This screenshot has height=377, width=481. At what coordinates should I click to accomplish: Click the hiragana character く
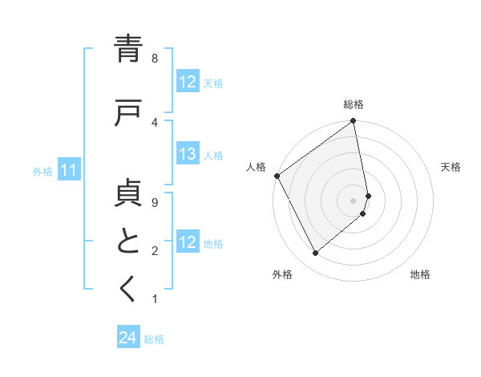pos(128,289)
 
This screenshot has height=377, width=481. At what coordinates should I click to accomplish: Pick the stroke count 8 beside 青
pos(155,59)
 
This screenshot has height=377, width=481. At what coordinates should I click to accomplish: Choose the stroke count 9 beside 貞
pos(155,203)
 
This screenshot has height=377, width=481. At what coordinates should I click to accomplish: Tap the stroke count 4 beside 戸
pos(155,122)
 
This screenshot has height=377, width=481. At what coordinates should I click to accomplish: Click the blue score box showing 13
pos(188,155)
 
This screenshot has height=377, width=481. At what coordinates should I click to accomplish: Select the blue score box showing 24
pos(128,338)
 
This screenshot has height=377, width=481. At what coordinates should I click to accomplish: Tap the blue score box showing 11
pos(69,170)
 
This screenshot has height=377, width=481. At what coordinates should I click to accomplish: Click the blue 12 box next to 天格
pos(188,82)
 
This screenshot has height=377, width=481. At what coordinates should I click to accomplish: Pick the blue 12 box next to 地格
pos(188,242)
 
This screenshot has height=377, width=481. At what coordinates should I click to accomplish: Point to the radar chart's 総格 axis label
pos(354,104)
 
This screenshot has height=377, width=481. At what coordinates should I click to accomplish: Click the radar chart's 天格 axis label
pos(451,167)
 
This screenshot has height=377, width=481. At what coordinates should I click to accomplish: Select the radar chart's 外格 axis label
pos(282,274)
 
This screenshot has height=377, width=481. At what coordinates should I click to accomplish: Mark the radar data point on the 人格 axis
pos(277,176)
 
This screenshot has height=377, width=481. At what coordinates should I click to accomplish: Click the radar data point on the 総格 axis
pos(354,122)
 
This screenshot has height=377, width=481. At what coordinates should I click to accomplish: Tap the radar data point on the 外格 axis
pos(316,253)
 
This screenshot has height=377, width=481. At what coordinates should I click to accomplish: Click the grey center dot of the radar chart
pos(354,200)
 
